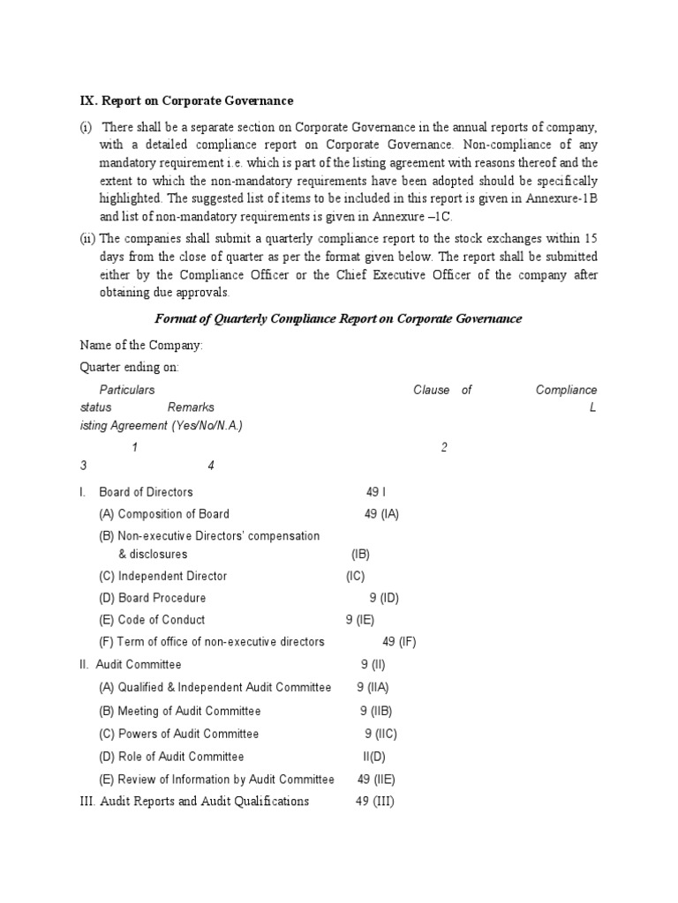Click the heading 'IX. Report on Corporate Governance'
click(186, 101)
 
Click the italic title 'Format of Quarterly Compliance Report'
click(338, 318)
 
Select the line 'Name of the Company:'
click(141, 344)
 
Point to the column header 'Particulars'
click(127, 390)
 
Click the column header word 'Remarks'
click(191, 407)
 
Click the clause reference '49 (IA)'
click(381, 514)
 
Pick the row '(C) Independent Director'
click(162, 576)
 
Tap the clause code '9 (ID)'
click(385, 598)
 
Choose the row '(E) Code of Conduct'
click(152, 620)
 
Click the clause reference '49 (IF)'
click(399, 642)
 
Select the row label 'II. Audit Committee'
click(131, 665)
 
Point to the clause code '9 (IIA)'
click(373, 688)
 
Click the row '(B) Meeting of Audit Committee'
click(180, 711)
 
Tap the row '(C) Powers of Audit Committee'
click(179, 734)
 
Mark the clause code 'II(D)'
click(374, 757)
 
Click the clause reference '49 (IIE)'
click(376, 780)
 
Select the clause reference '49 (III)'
click(374, 802)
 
